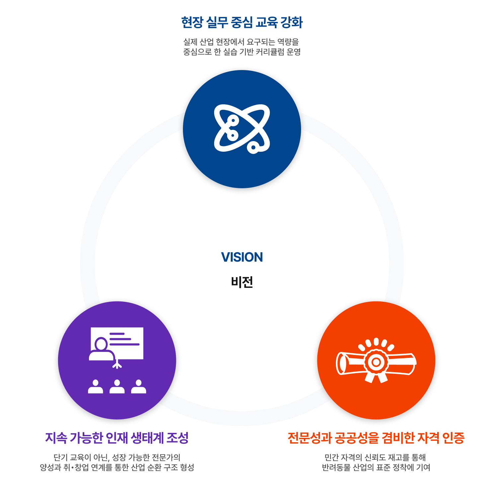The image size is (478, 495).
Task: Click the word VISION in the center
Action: coord(242,257)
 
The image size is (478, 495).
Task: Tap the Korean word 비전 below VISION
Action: coord(242,282)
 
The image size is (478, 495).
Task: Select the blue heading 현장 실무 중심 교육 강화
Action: coord(242,23)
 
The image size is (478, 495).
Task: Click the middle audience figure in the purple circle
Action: coord(117,387)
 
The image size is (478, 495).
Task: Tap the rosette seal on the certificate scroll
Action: coord(376,362)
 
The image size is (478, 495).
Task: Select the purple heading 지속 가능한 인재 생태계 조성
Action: coord(117,438)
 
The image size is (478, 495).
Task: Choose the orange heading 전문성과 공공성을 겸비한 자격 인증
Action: coord(376,438)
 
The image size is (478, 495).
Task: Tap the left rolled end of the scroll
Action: coord(341,363)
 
